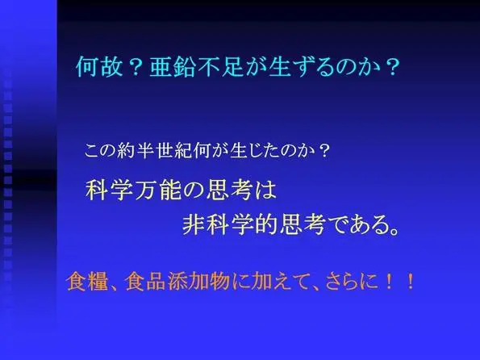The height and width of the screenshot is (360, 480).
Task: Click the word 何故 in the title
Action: pyautogui.click(x=99, y=66)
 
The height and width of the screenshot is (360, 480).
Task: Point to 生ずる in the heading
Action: pyautogui.click(x=301, y=66)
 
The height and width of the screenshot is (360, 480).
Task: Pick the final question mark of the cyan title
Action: pyautogui.click(x=392, y=67)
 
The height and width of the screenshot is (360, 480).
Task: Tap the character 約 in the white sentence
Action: pyautogui.click(x=126, y=151)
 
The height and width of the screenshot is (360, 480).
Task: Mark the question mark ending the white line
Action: pyautogui.click(x=323, y=151)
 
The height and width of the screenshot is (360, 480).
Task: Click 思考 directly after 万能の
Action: pyautogui.click(x=229, y=190)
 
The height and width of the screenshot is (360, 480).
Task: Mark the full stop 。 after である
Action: pyautogui.click(x=394, y=230)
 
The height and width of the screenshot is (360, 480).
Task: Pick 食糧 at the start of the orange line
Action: pyautogui.click(x=88, y=281)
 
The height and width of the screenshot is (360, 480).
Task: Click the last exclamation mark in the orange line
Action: pyautogui.click(x=410, y=282)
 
